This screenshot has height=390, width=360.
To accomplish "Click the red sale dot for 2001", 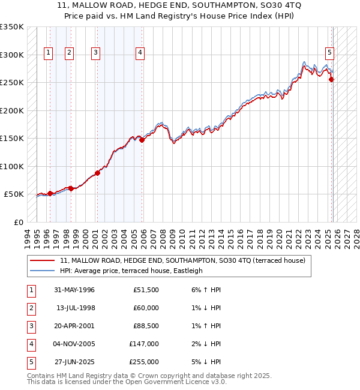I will pos(97,173).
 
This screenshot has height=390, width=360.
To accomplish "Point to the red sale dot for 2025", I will pos(332,80).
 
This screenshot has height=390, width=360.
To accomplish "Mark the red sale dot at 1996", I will pos(50,193).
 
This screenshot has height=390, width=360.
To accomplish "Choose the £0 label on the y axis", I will pos(18,222).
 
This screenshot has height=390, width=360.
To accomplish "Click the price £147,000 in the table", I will pos(144,344).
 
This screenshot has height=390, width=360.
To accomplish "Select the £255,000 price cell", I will pos(144,362).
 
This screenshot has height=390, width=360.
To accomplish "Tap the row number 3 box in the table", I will pos(31,326).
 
